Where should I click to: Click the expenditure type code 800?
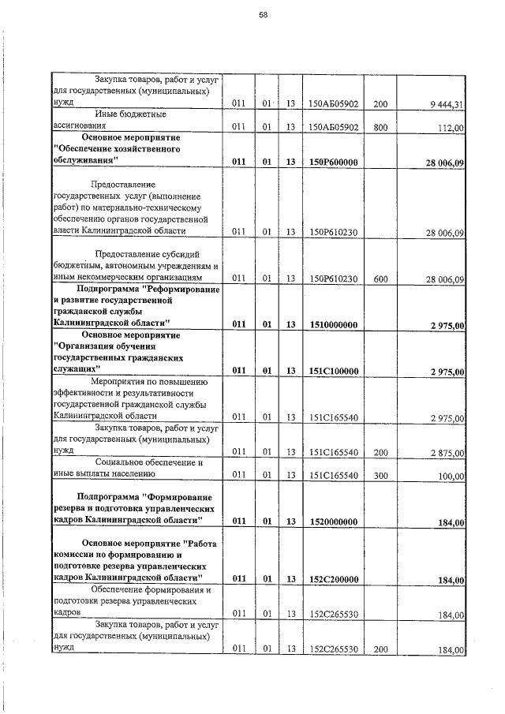click(380, 127)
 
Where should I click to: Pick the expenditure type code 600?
click(380, 278)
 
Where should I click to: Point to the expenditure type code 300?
click(380, 476)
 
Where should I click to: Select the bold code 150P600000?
click(334, 163)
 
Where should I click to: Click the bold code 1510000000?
click(334, 324)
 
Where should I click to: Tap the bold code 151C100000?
click(334, 372)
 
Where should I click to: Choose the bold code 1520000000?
click(334, 522)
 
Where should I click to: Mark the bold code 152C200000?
click(334, 580)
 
